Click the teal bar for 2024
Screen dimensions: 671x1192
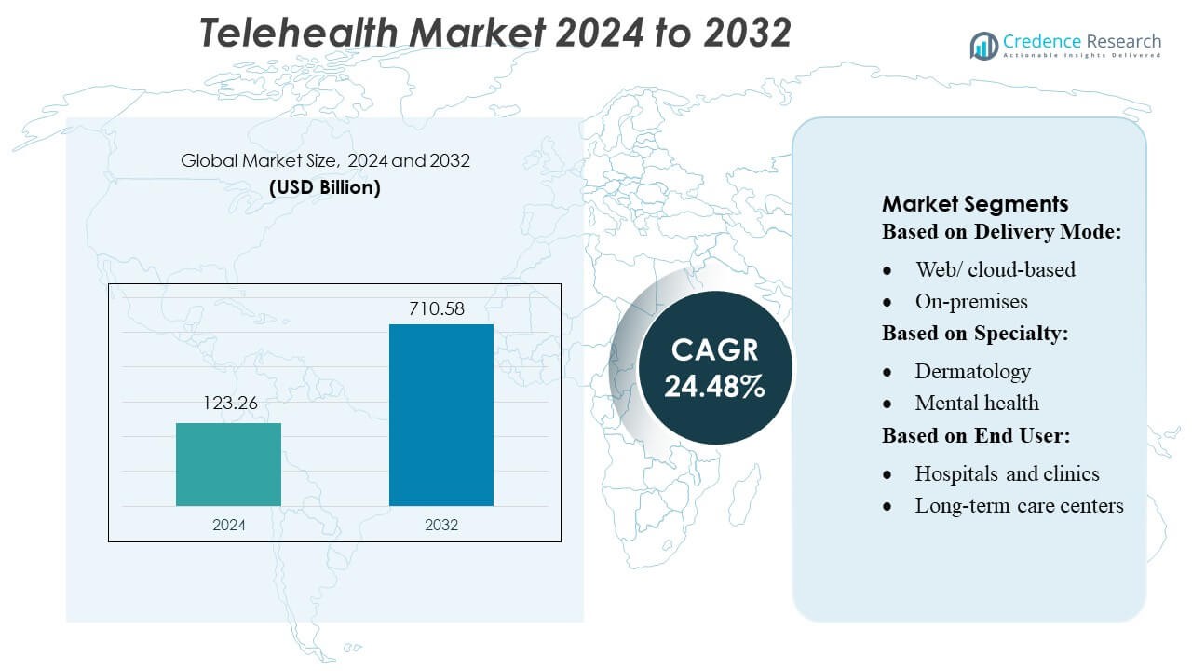(x=228, y=464)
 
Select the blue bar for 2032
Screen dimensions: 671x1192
(x=440, y=415)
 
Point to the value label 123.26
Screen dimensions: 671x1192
(x=229, y=404)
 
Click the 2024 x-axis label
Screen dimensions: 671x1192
(x=229, y=525)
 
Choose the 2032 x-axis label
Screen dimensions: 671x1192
(x=441, y=525)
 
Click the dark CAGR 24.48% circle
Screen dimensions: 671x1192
(x=714, y=367)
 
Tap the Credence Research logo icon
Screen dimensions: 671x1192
(x=983, y=45)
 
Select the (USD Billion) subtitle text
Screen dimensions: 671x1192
(x=325, y=186)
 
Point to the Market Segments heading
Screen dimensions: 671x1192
(x=975, y=204)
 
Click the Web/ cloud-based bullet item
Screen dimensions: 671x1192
(x=995, y=269)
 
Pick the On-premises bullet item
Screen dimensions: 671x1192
(x=971, y=301)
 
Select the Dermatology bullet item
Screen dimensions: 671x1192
(x=972, y=371)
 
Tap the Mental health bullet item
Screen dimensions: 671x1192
(x=977, y=403)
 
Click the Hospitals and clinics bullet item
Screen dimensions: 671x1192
(x=1007, y=473)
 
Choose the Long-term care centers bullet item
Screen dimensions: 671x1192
(x=1019, y=505)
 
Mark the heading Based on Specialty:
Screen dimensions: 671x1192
(x=975, y=334)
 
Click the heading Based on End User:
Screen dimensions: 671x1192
(x=974, y=435)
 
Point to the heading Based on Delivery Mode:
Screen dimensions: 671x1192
(x=1001, y=231)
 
